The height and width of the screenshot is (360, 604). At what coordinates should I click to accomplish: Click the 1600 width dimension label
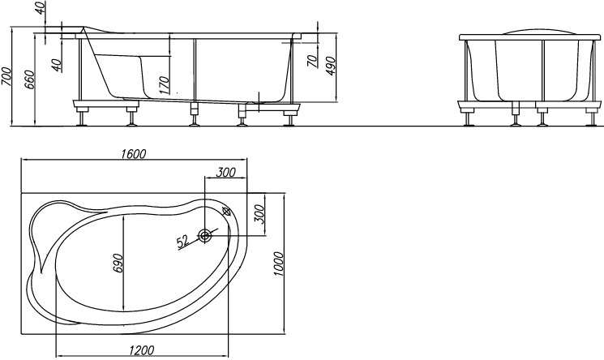coord(133,154)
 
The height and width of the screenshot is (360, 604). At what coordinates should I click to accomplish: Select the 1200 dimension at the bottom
coord(141,350)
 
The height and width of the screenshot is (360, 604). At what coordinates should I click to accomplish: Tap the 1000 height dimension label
coord(278,264)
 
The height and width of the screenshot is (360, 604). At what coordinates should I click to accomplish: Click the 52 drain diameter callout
coord(183,242)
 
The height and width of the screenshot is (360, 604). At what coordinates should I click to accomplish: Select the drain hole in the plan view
coord(205,235)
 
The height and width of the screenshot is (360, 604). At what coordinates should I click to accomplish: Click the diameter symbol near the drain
coord(226,211)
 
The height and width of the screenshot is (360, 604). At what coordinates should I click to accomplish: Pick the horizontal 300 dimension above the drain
coord(225,172)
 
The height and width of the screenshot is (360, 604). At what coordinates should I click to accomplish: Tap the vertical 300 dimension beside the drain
coord(260,214)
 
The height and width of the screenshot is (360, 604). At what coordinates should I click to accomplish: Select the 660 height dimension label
coord(31,79)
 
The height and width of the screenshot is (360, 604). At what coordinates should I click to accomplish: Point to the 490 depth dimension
coord(331,66)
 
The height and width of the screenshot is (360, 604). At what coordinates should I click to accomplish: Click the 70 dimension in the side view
coord(313,61)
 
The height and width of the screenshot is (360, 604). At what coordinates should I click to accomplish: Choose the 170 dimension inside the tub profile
coord(164,85)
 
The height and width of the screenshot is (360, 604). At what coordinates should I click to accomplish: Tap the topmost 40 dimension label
coord(41,8)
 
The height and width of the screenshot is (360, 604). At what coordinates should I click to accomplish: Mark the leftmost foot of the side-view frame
coord(80,118)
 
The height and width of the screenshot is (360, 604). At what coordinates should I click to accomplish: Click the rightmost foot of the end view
coord(590,118)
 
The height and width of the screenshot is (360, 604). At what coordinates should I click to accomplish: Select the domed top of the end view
coord(529,31)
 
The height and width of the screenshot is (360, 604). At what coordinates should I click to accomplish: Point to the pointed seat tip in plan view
coord(41,271)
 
